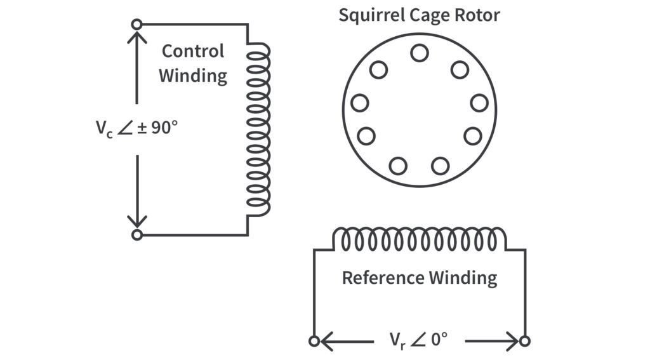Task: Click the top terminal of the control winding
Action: tap(136, 25)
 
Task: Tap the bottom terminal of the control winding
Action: tap(136, 235)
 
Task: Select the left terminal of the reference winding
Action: tap(314, 342)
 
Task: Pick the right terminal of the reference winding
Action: tap(524, 342)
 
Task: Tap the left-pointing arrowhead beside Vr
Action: tap(326, 342)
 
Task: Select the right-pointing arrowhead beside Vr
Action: tap(512, 342)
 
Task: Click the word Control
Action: tap(192, 51)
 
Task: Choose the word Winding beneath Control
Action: tap(192, 76)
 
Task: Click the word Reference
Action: tap(383, 278)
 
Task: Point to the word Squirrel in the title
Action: tap(368, 15)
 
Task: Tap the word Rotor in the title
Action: tap(478, 15)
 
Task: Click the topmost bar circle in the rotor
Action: tap(419, 53)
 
